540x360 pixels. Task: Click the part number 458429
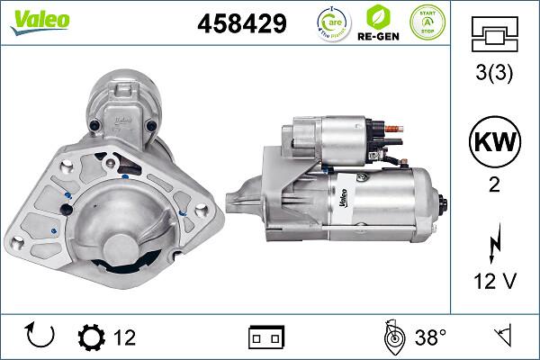tap(241, 24)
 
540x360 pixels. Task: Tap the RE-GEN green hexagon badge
tap(379, 22)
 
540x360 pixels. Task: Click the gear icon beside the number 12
tap(91, 337)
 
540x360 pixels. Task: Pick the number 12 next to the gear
tap(124, 337)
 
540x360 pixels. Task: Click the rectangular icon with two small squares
tap(266, 337)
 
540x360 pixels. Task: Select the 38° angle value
tap(430, 337)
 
